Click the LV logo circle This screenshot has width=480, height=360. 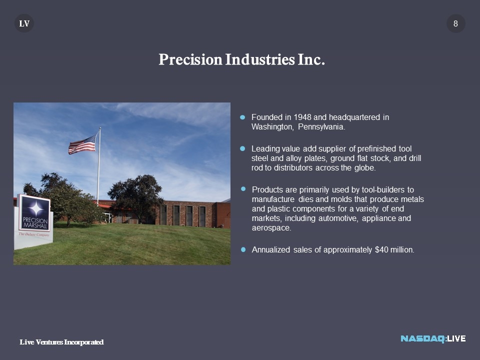tap(24, 23)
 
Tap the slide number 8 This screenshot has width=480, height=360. tap(455, 23)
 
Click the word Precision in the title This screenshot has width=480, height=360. tap(190, 59)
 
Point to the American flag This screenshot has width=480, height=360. tap(82, 144)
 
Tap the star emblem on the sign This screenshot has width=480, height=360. tap(36, 209)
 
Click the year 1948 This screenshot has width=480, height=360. tap(302, 117)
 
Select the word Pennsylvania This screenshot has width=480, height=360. tap(321, 126)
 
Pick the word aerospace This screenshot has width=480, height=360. tap(271, 228)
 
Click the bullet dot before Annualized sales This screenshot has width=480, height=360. tap(243, 250)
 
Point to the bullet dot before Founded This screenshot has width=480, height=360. tap(242, 117)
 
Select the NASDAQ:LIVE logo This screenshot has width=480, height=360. tap(433, 338)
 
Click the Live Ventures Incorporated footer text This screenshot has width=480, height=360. tap(61, 342)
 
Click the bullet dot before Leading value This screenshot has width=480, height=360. tap(242, 149)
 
